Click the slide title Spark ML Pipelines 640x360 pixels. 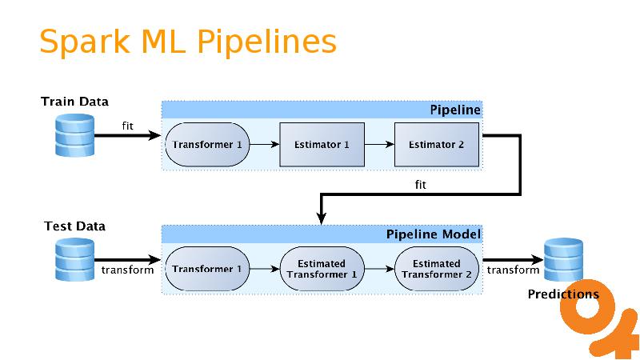pos(187,42)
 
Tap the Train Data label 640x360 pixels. pos(74,102)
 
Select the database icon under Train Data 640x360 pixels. pos(74,134)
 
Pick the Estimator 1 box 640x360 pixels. pos(322,145)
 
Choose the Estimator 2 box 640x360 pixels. pos(436,145)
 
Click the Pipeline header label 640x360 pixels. pos(455,110)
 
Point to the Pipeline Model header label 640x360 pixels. pos(434,234)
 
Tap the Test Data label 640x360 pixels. pos(74,226)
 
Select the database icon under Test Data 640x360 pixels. pos(74,259)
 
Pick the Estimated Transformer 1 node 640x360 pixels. pos(322,270)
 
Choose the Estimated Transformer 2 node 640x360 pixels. pos(437,270)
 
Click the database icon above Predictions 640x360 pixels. pos(563,259)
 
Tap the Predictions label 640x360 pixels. pos(563,294)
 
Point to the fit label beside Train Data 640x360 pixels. pos(128,126)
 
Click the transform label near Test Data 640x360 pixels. pos(128,270)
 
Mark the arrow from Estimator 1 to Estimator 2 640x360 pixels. pos(379,145)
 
